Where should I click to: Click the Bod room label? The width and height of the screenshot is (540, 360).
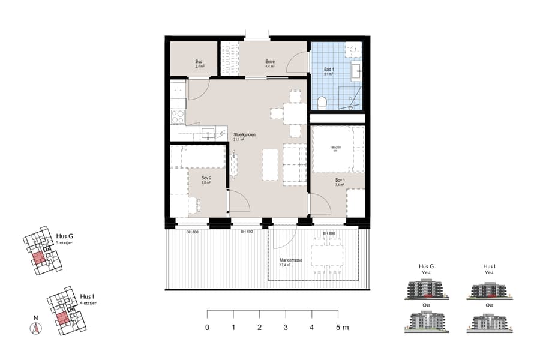point(199,64)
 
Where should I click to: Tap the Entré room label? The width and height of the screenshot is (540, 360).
point(270,64)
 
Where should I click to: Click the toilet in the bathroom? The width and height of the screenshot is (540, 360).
point(322,103)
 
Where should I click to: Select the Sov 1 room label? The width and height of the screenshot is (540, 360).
point(340,182)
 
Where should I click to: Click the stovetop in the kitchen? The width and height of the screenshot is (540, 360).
point(178,116)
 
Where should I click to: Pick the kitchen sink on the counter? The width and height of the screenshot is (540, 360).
point(207,133)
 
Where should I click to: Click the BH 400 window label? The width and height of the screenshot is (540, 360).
point(245,232)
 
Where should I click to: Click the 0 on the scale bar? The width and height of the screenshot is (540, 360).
point(208,328)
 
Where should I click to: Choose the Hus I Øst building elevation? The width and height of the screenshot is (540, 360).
point(489,323)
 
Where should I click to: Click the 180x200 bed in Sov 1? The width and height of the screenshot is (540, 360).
point(338,149)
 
